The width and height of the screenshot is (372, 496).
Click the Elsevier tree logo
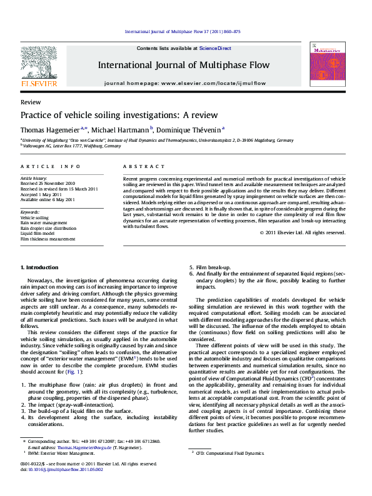click(39, 63)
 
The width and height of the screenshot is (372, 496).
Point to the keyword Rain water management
click(44, 222)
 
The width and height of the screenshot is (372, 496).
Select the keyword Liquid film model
click(39, 233)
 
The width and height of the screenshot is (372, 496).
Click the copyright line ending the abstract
click(302, 232)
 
